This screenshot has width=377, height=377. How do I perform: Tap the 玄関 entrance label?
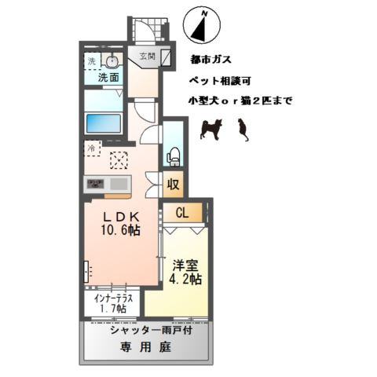(x=147, y=57)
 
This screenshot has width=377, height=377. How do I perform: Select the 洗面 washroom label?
(x=108, y=78)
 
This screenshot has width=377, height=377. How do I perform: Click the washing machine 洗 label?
(x=91, y=61)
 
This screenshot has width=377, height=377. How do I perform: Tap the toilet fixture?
(x=174, y=154)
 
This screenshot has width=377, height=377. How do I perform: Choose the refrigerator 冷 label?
(x=91, y=146)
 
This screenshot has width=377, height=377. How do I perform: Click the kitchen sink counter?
(x=109, y=185)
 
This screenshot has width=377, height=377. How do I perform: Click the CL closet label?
(x=182, y=212)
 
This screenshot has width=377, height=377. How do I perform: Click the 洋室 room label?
(x=185, y=265)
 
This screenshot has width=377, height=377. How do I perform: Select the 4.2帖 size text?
(x=185, y=280)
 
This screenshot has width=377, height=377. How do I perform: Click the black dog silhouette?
(x=211, y=127)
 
